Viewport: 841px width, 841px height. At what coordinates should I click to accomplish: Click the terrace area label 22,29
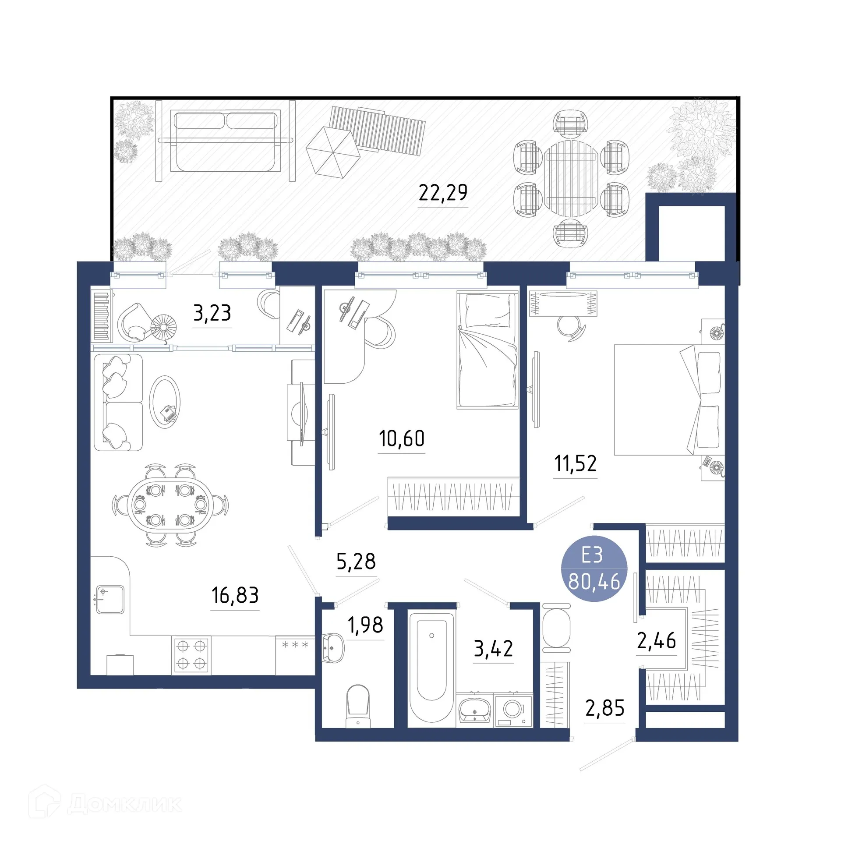[443, 193]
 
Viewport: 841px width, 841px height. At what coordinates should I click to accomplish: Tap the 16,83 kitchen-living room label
[235, 595]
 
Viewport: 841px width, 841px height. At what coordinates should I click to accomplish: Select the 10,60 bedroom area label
[401, 438]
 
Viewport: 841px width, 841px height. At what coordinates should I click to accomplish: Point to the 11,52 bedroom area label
[575, 463]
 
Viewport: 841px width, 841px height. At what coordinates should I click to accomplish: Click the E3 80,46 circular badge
[594, 568]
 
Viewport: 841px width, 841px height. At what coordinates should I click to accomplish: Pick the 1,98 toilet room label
[365, 625]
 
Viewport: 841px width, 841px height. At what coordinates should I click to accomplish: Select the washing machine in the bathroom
[513, 710]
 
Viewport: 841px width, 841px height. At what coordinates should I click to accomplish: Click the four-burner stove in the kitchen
[191, 655]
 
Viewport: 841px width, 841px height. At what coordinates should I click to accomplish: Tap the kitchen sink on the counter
[110, 600]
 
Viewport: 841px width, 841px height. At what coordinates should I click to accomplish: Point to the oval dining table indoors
[170, 505]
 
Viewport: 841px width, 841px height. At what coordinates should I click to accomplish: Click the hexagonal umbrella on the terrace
[332, 152]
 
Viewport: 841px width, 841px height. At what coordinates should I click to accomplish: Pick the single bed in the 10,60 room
[487, 349]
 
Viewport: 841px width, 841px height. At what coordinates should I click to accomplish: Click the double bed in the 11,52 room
[668, 399]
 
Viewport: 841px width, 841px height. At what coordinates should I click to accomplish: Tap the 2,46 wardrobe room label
[656, 641]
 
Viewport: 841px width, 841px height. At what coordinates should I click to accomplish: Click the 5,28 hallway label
[356, 562]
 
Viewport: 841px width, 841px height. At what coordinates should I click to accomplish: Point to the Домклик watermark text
[124, 804]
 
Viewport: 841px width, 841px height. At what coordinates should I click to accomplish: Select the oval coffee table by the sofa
[165, 402]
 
